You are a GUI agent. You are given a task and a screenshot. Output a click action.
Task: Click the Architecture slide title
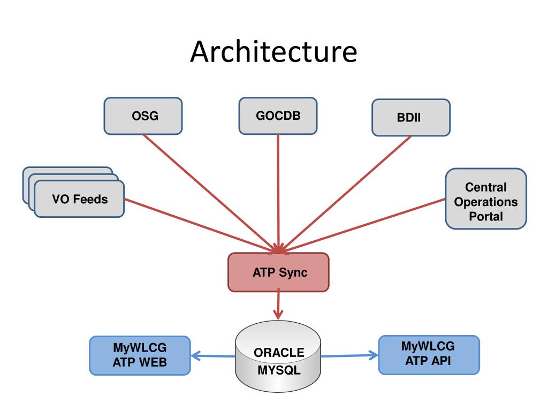pyautogui.click(x=273, y=51)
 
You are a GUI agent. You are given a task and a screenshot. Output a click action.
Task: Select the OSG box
pyautogui.click(x=143, y=116)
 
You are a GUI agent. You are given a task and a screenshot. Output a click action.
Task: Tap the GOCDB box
pyautogui.click(x=278, y=116)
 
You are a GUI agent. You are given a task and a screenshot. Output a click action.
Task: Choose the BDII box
pyautogui.click(x=410, y=117)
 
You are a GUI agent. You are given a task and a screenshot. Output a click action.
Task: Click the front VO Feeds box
pyautogui.click(x=79, y=199)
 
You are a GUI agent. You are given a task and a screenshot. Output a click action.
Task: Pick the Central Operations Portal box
pyautogui.click(x=486, y=199)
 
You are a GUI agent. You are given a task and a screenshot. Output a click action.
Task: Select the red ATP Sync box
pyautogui.click(x=278, y=272)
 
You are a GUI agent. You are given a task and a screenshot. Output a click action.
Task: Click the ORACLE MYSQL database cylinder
pyautogui.click(x=278, y=356)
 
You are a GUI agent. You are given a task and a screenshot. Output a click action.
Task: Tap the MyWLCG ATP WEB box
pyautogui.click(x=140, y=355)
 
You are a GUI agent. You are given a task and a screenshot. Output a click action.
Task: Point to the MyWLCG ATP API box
pyautogui.click(x=429, y=355)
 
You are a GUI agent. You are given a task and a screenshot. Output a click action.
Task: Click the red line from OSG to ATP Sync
pyautogui.click(x=211, y=193)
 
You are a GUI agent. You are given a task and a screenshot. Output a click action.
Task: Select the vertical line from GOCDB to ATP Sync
pyautogui.click(x=278, y=193)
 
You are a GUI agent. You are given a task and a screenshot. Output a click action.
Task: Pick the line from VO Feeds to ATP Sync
pyautogui.click(x=201, y=225)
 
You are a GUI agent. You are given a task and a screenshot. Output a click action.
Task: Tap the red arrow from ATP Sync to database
pyautogui.click(x=278, y=304)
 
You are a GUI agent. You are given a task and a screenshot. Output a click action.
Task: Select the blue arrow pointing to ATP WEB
pyautogui.click(x=213, y=356)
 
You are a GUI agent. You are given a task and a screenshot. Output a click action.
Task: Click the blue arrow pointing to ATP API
pyautogui.click(x=349, y=355)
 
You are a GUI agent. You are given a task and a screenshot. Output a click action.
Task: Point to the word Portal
pyautogui.click(x=486, y=216)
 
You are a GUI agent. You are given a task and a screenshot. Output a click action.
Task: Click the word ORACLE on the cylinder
pyautogui.click(x=279, y=353)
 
